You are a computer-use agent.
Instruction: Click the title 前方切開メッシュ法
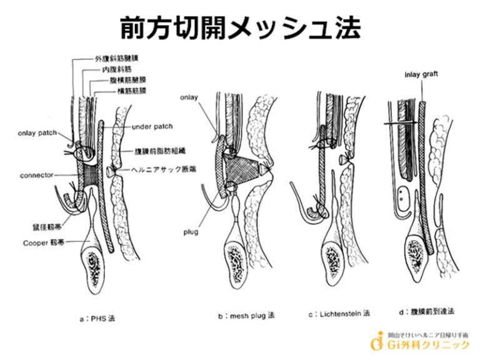click(x=240, y=27)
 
